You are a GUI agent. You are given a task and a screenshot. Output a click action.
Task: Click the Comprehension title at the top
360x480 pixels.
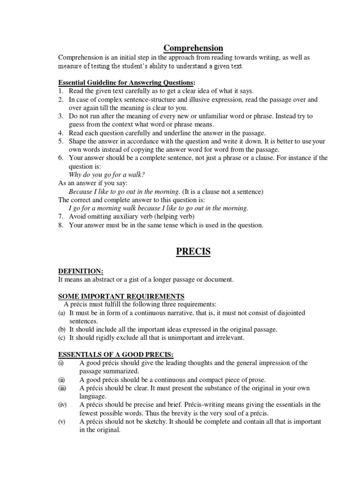point(193,48)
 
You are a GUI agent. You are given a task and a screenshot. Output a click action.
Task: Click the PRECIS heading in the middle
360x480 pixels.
point(193,252)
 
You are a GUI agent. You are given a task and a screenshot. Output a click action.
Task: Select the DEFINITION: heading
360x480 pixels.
point(80,271)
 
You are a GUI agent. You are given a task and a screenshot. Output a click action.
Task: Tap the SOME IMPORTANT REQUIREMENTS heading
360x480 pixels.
point(121,296)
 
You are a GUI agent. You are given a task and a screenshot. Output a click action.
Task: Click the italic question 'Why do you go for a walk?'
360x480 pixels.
point(107,174)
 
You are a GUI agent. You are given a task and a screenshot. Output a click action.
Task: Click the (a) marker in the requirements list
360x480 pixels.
point(62,313)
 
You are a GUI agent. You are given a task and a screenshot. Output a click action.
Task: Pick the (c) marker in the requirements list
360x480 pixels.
point(62,337)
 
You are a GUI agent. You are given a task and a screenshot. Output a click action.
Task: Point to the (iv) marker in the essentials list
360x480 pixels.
point(62,405)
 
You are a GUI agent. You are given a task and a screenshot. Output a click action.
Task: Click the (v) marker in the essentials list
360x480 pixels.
point(61,421)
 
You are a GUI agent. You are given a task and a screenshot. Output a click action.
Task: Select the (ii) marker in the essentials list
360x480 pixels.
point(61,380)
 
